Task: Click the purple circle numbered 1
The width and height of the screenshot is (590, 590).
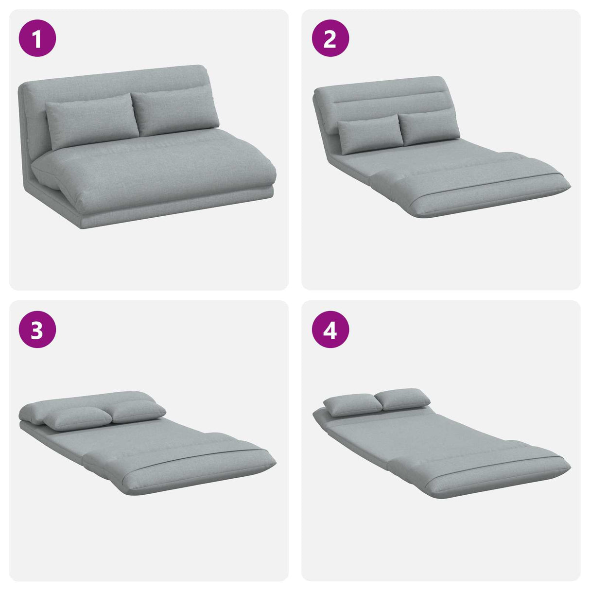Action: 37,38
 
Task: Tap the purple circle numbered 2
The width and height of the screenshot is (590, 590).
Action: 330,38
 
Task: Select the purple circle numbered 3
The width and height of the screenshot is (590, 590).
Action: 37,330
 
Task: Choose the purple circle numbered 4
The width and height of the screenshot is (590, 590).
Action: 330,330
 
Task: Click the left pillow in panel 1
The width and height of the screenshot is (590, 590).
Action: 92,121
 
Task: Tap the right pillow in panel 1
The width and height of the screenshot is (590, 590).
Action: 175,111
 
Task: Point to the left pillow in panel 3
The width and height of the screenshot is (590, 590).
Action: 78,418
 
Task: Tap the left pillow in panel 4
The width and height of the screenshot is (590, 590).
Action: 353,405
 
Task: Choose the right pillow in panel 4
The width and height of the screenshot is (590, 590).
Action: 402,399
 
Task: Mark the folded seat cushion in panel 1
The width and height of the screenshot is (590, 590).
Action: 153,172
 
